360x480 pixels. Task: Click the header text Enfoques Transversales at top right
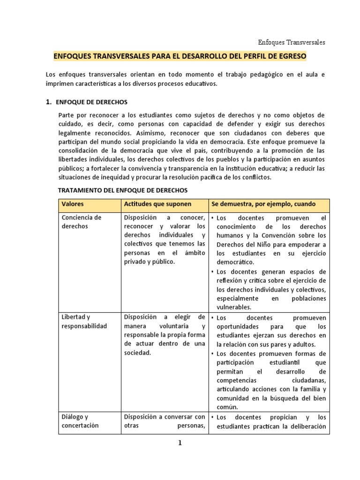point(292,42)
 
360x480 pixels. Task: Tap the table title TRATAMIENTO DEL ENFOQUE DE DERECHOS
point(122,190)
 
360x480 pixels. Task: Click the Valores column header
point(73,204)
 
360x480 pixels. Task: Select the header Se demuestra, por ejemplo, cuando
point(263,204)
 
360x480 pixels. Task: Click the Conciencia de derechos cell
point(82,222)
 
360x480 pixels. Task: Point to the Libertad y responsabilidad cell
point(84,322)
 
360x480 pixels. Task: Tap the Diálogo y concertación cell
point(80,421)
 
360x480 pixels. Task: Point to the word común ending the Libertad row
point(228,407)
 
